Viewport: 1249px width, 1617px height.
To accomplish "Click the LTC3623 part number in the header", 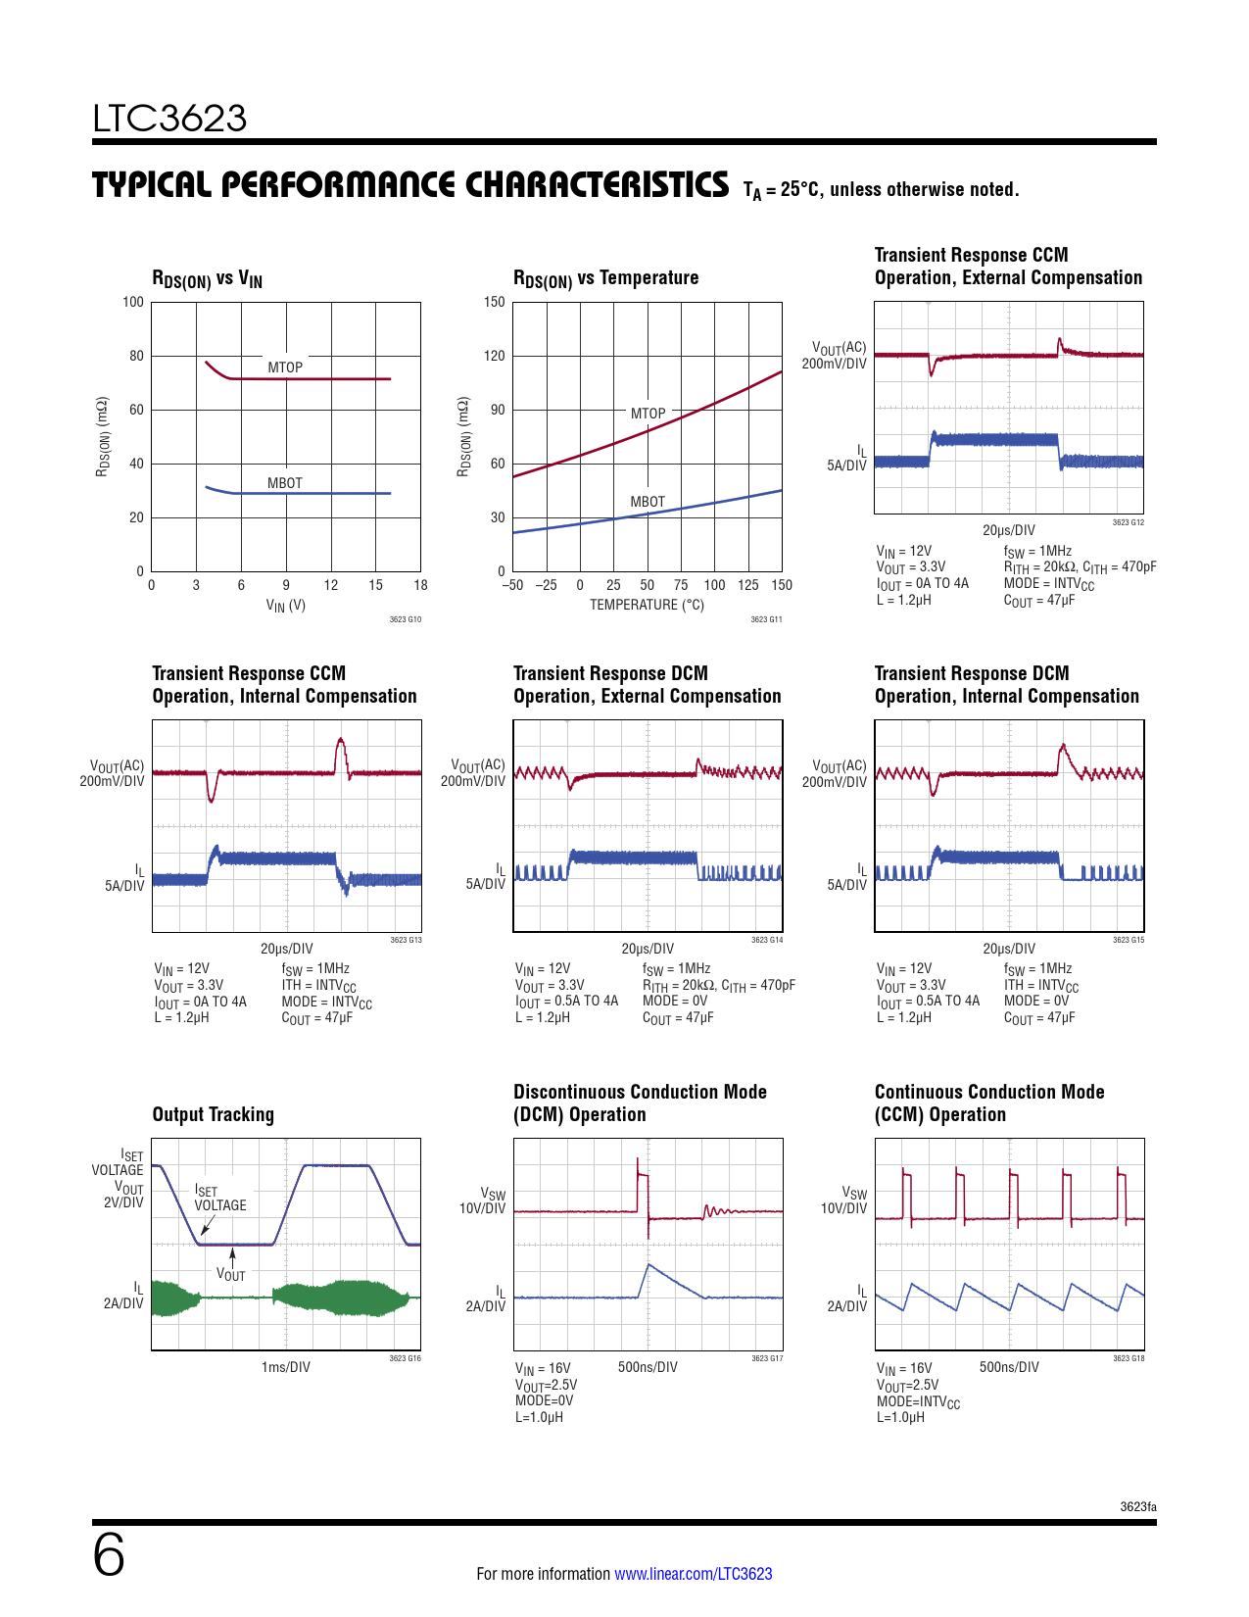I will click(x=169, y=119).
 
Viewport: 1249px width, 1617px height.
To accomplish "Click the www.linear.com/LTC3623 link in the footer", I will click(x=693, y=1574).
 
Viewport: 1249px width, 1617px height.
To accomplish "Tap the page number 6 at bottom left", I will click(x=109, y=1555).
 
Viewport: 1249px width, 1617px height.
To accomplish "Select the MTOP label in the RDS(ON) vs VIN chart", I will click(x=285, y=367).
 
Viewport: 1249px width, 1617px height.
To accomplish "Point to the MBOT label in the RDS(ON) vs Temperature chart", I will click(x=648, y=502).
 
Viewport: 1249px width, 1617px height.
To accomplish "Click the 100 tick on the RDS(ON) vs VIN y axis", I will click(x=133, y=302).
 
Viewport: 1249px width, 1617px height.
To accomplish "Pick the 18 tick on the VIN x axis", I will click(x=420, y=585).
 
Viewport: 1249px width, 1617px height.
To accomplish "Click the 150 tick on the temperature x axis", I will click(x=782, y=585).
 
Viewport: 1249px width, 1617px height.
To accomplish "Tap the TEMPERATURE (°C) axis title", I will click(x=647, y=605).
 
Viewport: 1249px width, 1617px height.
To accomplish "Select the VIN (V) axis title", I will click(x=286, y=606).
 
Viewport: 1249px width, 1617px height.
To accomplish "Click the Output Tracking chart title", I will click(x=214, y=1114).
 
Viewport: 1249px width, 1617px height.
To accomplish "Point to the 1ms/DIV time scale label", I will click(x=286, y=1367).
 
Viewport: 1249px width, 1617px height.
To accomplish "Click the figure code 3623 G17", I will click(x=767, y=1358).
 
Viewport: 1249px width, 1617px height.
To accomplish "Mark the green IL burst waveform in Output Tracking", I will click(x=343, y=1298).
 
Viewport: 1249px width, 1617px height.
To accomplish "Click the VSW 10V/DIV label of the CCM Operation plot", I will click(x=844, y=1200).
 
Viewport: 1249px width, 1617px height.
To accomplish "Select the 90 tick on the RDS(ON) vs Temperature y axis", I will click(x=498, y=410).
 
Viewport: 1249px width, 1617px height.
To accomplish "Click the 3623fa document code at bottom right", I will click(x=1138, y=1506).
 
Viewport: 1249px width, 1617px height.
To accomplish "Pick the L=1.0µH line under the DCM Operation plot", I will click(x=539, y=1417).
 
